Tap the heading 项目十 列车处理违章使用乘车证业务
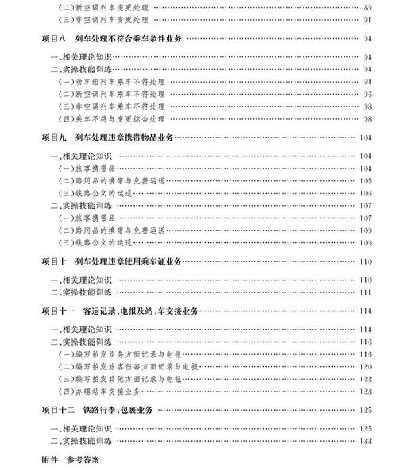coord(112,261)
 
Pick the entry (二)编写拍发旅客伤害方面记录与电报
coord(119,368)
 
